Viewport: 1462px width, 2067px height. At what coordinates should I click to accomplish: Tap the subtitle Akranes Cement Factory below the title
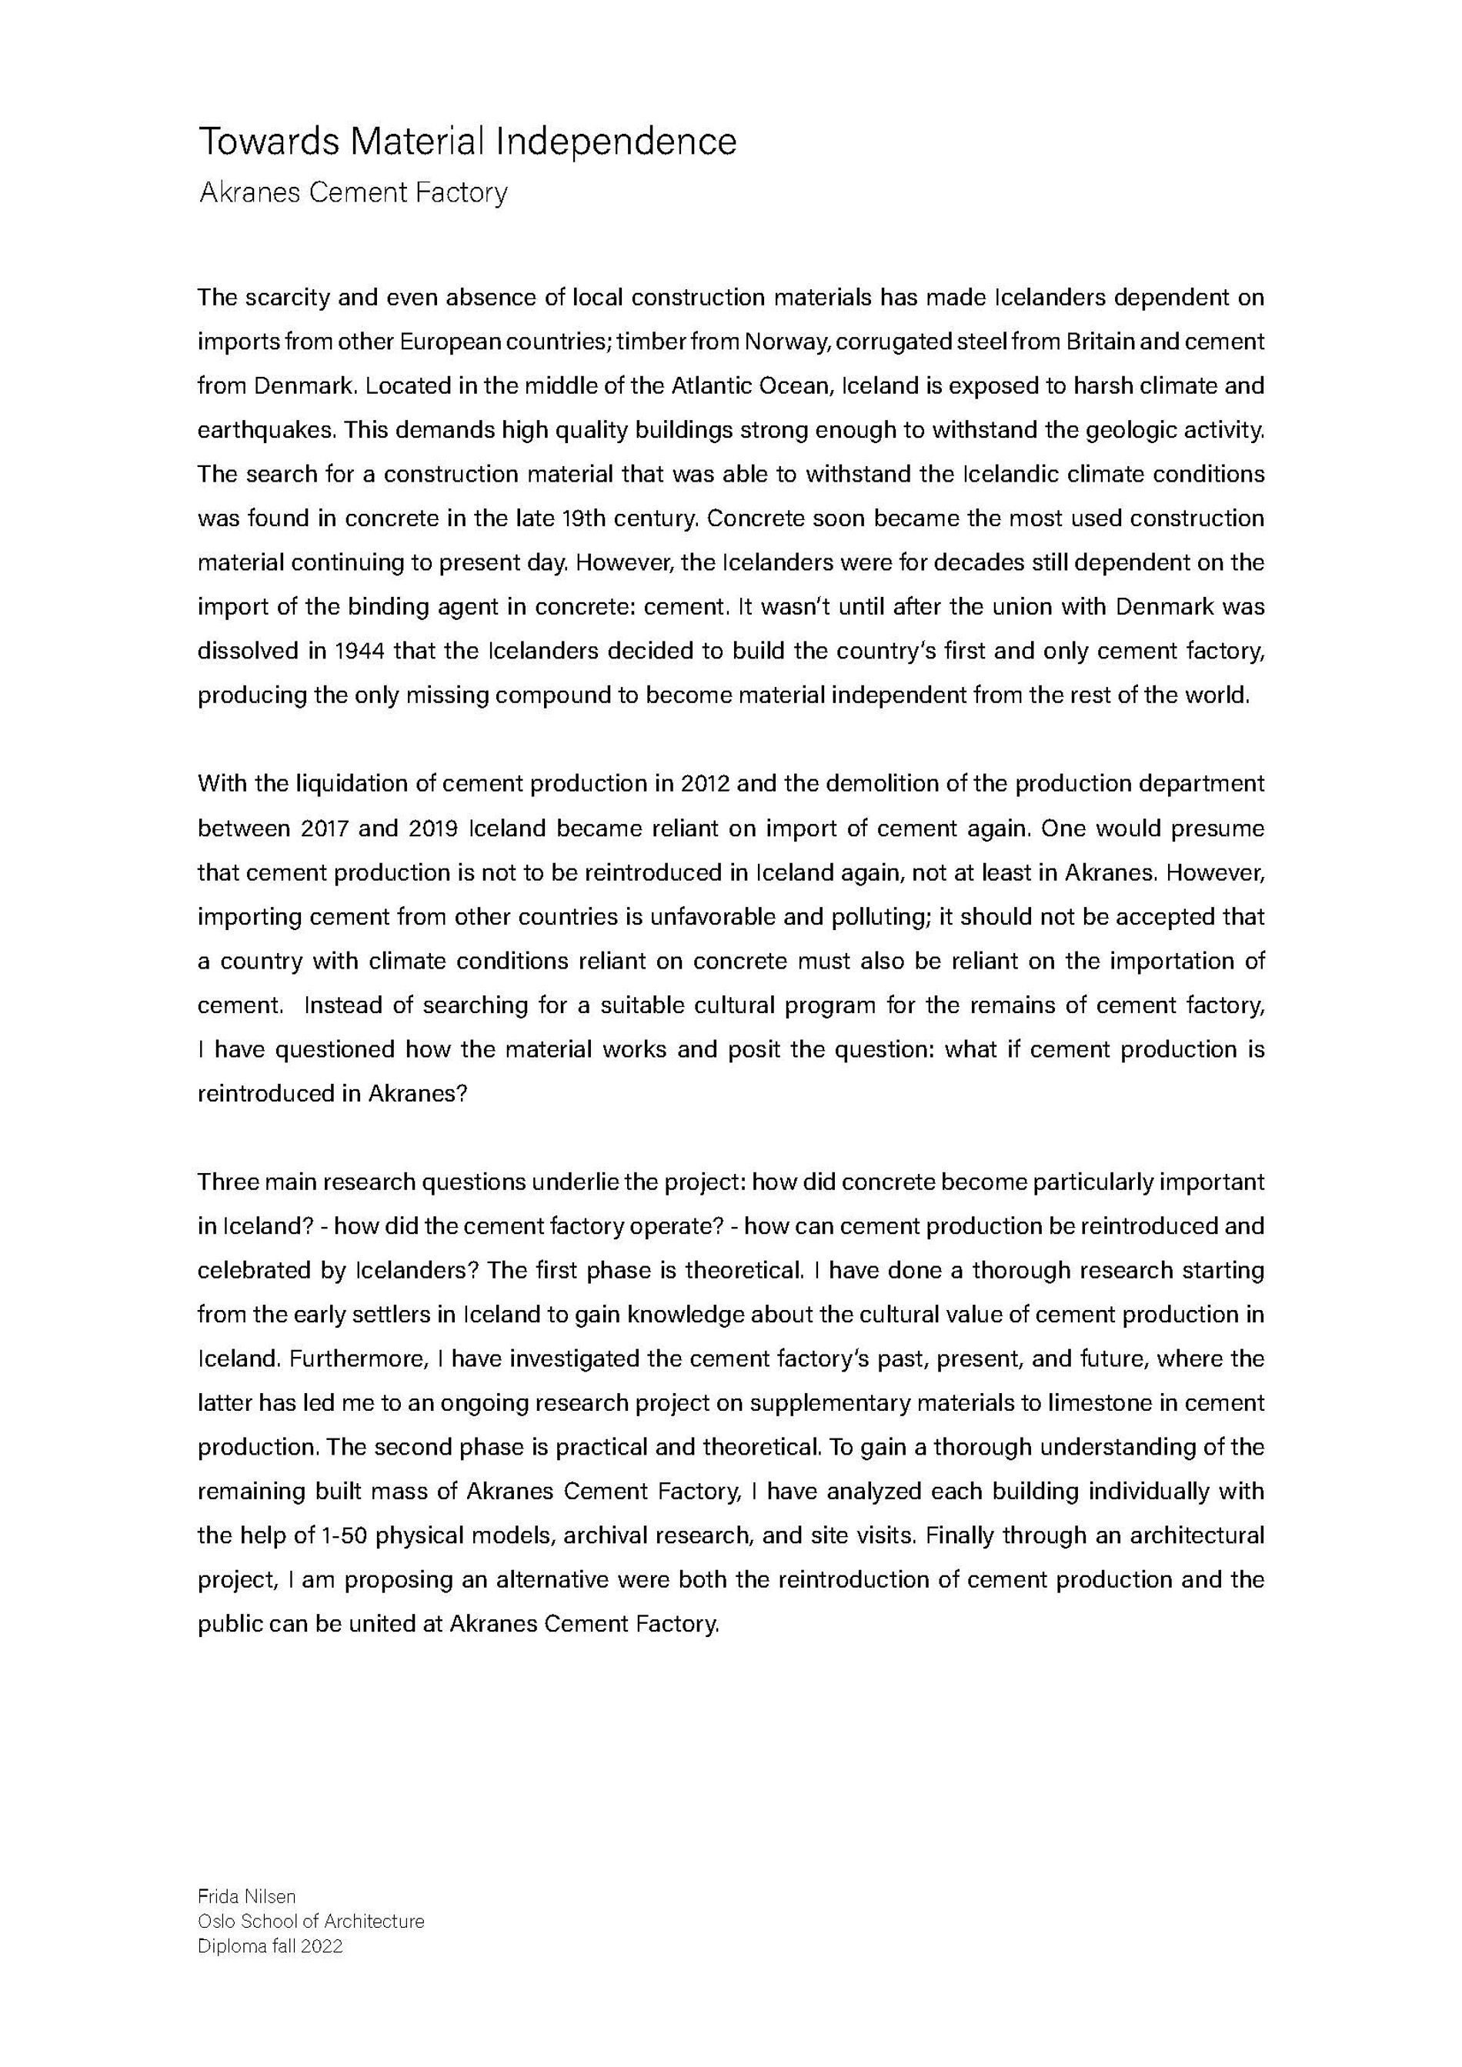coord(353,192)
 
